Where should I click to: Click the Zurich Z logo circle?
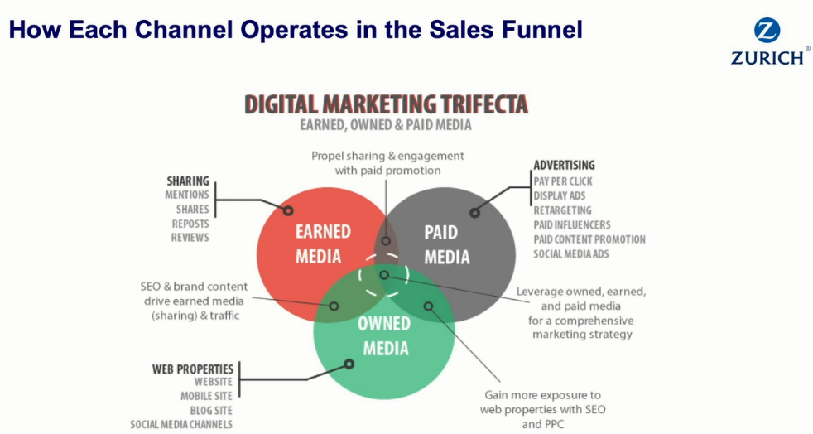click(x=767, y=31)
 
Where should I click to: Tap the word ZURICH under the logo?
click(x=767, y=57)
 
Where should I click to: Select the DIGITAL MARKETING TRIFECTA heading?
click(x=386, y=104)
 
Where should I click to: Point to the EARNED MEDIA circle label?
click(x=323, y=244)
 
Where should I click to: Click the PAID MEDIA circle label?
click(x=446, y=244)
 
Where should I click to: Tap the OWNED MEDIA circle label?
click(x=385, y=336)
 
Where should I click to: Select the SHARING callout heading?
click(x=188, y=181)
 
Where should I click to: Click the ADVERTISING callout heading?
click(x=564, y=165)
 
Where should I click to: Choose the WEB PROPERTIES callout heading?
click(x=192, y=369)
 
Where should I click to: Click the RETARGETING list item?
click(x=563, y=210)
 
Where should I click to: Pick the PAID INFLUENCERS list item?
click(x=572, y=224)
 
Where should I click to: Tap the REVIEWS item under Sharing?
click(x=190, y=238)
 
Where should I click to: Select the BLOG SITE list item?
click(x=211, y=411)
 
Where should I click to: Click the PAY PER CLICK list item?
click(x=563, y=181)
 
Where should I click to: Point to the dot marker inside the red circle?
click(x=288, y=210)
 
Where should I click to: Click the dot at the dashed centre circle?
click(x=384, y=275)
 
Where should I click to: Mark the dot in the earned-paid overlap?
click(x=386, y=241)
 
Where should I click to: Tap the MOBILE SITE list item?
click(x=206, y=396)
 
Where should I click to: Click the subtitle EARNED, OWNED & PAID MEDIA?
click(x=386, y=125)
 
